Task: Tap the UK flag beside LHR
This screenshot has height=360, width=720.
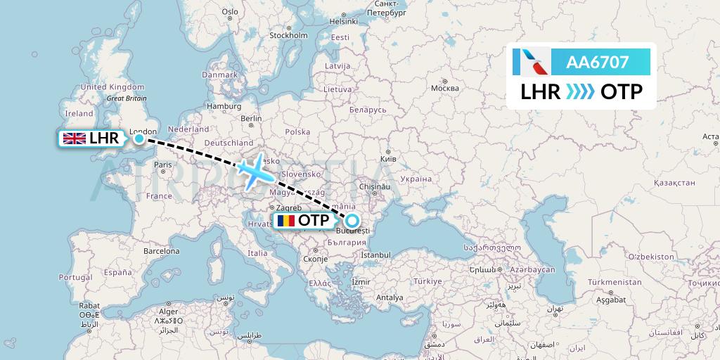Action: click(x=74, y=139)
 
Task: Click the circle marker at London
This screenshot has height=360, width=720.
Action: click(x=139, y=139)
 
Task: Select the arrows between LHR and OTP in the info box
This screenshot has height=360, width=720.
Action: click(x=581, y=92)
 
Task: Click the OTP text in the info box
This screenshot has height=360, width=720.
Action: click(x=622, y=92)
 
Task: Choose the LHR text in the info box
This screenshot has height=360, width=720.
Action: click(x=541, y=92)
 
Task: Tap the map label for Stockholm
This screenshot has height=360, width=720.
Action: click(x=289, y=35)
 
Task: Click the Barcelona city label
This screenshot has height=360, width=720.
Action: click(x=162, y=250)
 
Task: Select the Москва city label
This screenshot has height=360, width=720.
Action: click(x=444, y=88)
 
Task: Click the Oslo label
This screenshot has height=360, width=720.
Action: click(x=230, y=11)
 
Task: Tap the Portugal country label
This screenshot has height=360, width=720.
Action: click(x=75, y=278)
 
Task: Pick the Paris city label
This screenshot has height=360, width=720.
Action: click(x=163, y=165)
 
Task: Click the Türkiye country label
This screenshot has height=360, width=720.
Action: click(x=427, y=281)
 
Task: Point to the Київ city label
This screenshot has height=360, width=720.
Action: click(x=388, y=160)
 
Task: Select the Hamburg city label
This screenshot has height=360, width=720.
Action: click(x=223, y=106)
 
